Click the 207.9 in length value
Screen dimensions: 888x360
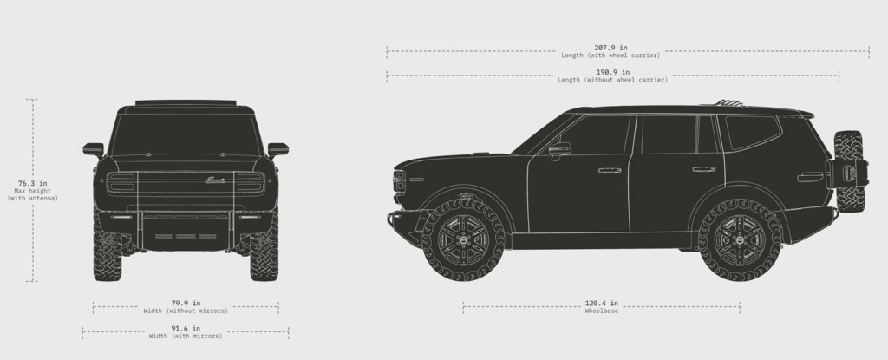coord(610,48)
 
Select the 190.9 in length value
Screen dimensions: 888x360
coord(613,72)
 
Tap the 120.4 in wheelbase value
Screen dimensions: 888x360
coord(602,304)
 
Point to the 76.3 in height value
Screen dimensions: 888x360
coord(32,183)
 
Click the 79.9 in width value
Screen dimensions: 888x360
coord(186,304)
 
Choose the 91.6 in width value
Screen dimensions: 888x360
coord(186,328)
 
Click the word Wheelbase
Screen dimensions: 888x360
coord(602,311)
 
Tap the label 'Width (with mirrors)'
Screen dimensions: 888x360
coord(186,337)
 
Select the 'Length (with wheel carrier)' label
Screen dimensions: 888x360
coord(610,56)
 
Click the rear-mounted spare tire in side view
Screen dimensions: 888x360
coord(849,171)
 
